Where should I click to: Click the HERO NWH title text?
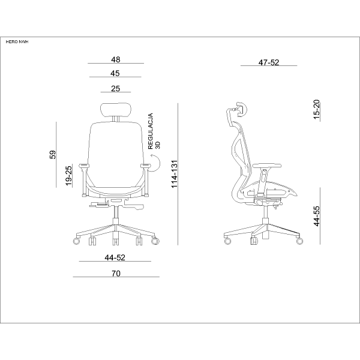17,42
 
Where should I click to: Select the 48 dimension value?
115,59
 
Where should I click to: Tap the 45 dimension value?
115,73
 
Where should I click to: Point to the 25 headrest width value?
115,89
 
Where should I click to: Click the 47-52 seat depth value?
269,62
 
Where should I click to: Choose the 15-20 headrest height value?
317,109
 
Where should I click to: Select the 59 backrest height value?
53,155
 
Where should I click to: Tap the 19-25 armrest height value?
68,176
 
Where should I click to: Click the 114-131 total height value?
175,174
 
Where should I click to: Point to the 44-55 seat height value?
317,216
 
